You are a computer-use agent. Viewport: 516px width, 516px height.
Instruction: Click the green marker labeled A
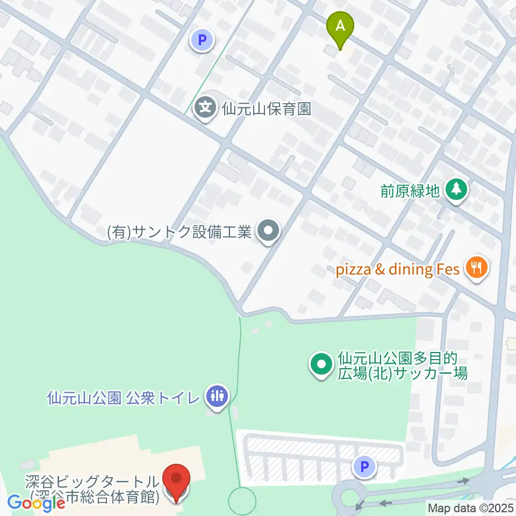tap(340, 27)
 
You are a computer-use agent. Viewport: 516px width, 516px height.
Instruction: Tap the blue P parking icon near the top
tap(202, 39)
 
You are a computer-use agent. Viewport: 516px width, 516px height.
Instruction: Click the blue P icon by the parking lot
tap(364, 466)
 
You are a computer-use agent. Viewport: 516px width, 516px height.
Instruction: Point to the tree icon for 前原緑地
tap(456, 189)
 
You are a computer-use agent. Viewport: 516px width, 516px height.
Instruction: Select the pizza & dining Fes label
tap(398, 269)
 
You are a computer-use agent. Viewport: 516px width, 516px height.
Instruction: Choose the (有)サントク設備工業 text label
tap(180, 233)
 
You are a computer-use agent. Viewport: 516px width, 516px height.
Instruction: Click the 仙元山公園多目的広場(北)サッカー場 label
tap(403, 365)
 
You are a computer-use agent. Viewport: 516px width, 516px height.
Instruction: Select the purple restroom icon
tap(217, 397)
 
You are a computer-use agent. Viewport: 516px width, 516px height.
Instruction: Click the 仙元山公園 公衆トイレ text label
tap(123, 398)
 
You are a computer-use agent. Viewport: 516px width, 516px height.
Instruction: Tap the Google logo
tap(37, 503)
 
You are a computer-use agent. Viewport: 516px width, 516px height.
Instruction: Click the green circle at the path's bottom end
tap(242, 501)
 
